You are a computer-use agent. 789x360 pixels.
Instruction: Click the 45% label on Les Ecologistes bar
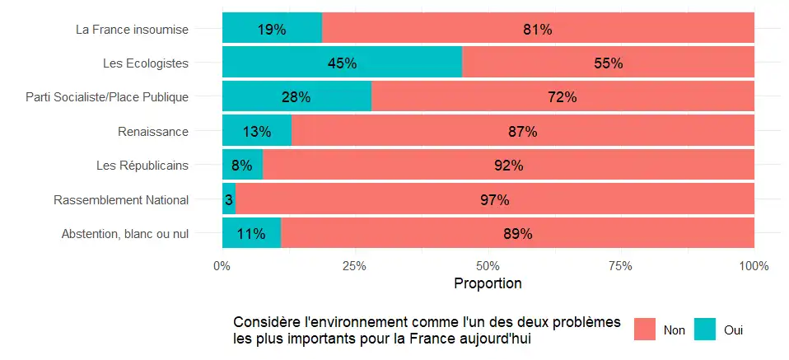(342, 63)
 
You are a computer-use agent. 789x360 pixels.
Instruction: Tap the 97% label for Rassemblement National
(495, 200)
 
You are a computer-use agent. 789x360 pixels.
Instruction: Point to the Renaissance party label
(153, 131)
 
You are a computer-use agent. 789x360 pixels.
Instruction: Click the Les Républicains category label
(142, 165)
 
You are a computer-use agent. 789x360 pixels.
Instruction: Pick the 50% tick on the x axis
(488, 265)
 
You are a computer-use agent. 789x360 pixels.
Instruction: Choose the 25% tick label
(355, 265)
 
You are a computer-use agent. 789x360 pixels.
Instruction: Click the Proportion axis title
(488, 284)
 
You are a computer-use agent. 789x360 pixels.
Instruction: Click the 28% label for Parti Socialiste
(296, 97)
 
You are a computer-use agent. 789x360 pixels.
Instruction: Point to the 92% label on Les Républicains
(508, 166)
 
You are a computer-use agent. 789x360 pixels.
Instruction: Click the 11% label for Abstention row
(251, 234)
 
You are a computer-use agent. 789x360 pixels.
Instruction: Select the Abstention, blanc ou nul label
(125, 234)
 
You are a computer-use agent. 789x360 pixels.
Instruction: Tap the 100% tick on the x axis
(754, 265)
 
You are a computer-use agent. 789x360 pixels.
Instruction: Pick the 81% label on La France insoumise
(537, 30)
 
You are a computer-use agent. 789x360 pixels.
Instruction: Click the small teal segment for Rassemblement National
(229, 200)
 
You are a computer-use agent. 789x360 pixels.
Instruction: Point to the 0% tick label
(222, 265)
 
